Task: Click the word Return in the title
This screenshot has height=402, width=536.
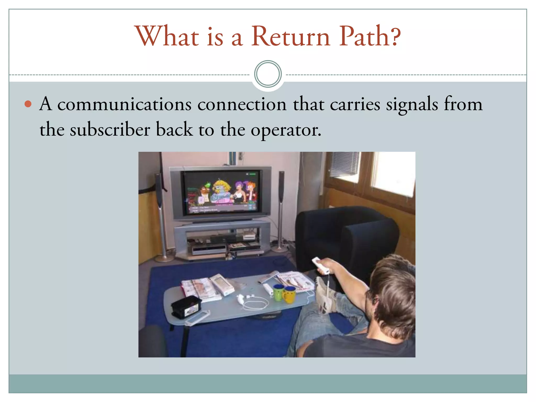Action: pos(291,37)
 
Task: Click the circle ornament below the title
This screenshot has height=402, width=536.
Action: pos(268,74)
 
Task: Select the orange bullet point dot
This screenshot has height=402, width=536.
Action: pos(28,104)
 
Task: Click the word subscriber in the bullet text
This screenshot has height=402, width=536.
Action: pos(110,130)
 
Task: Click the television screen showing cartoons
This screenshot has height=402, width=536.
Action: pos(221,192)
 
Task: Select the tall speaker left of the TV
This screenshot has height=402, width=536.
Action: pos(160,209)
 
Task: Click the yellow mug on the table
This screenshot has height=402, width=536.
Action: pos(289,294)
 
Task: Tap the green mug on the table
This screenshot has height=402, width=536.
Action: pos(278,292)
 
